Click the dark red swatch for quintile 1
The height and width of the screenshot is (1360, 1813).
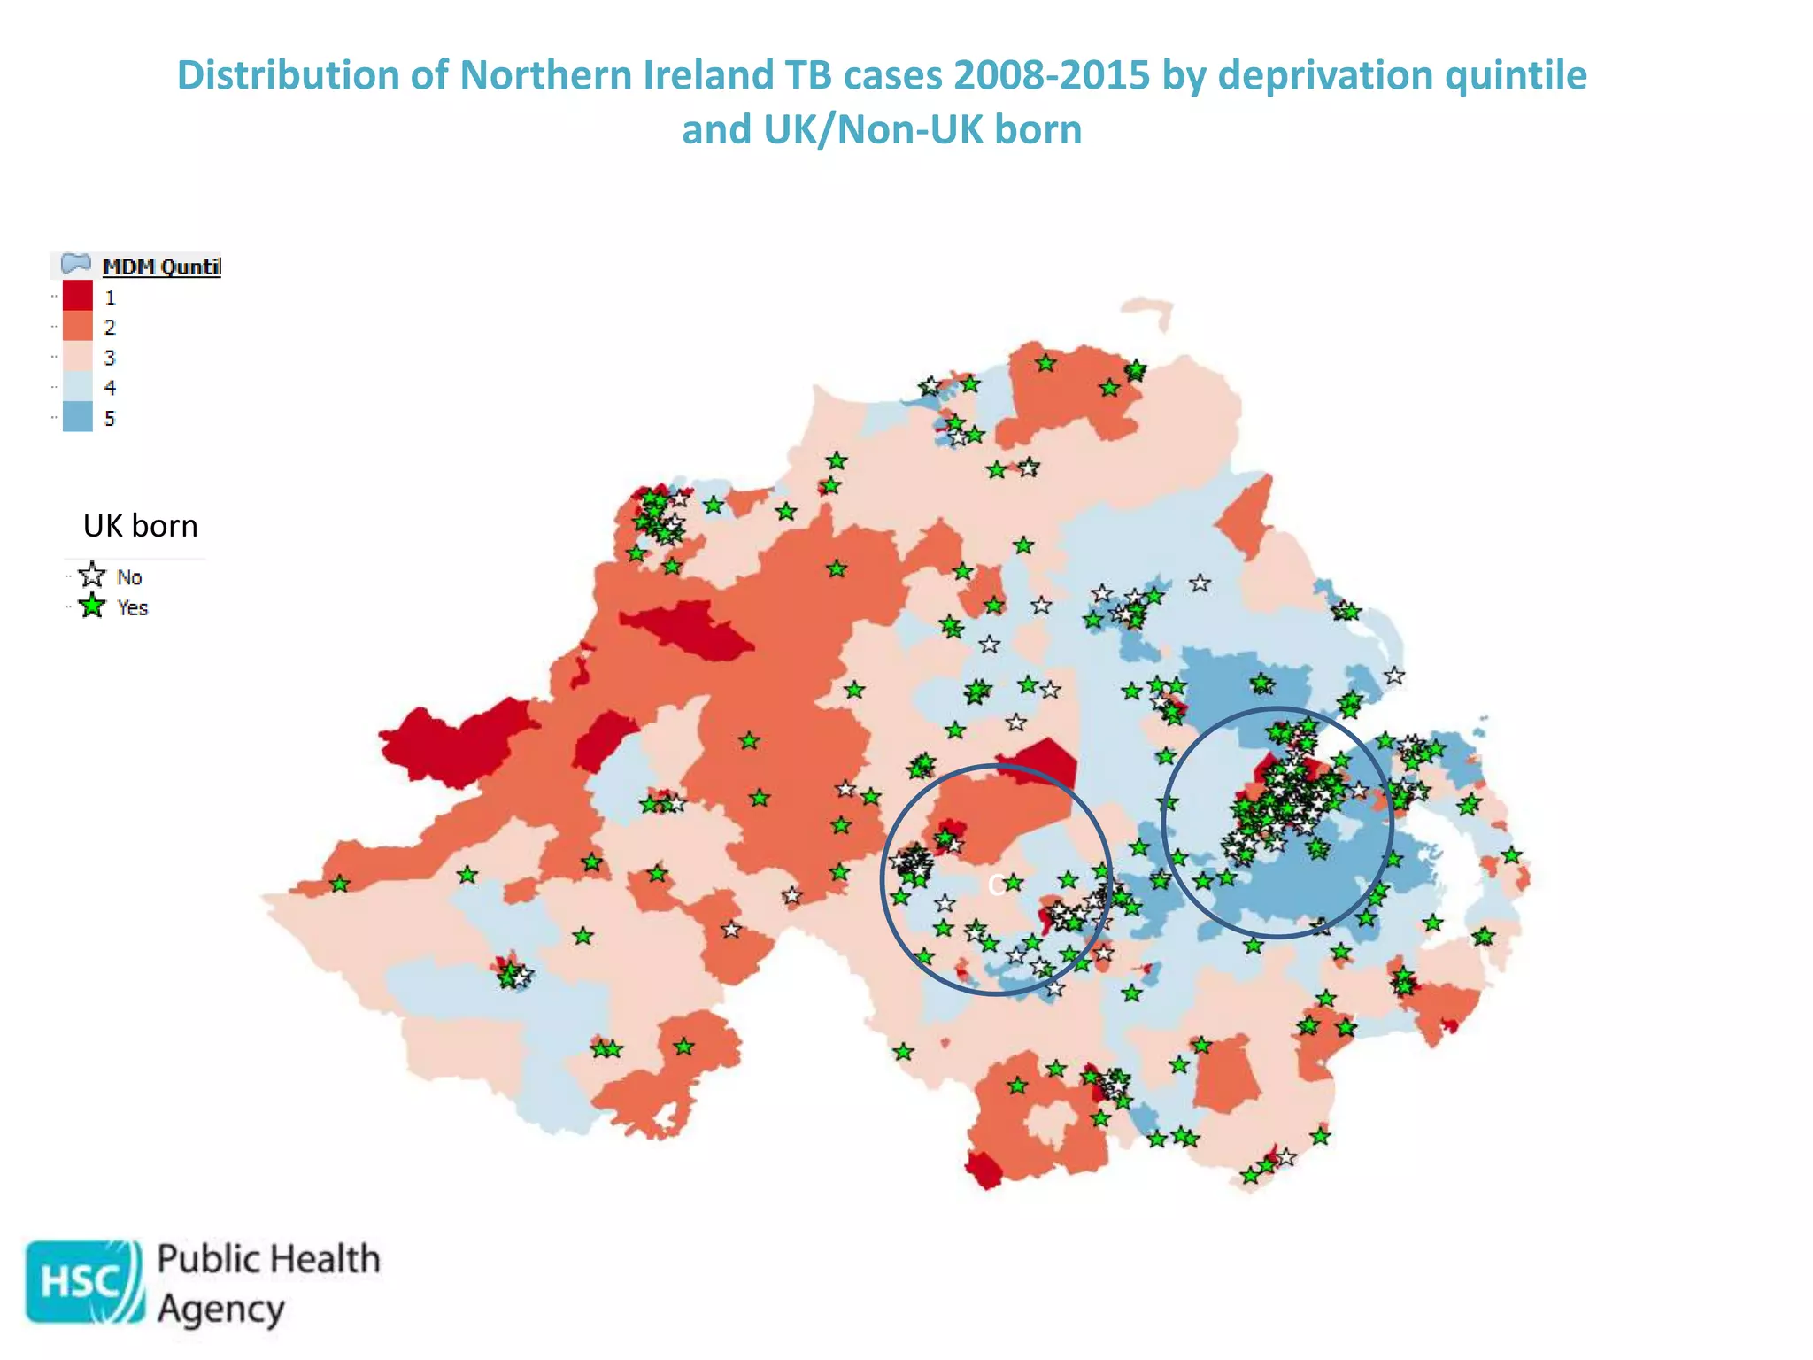78,296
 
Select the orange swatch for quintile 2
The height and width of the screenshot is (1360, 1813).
78,326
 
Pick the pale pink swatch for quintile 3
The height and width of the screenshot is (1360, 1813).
78,357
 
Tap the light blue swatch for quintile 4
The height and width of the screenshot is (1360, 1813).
78,387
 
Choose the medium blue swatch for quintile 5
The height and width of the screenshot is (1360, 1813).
78,417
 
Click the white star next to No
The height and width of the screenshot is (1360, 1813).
92,576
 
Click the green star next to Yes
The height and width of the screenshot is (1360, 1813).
92,607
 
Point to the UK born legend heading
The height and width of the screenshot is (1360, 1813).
140,526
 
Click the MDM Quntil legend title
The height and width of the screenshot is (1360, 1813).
161,267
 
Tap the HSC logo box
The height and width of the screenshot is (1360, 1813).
83,1281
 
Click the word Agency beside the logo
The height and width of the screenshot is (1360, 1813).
221,1310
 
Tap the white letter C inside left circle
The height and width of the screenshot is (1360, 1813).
996,885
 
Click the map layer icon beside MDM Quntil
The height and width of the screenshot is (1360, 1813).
76,264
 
